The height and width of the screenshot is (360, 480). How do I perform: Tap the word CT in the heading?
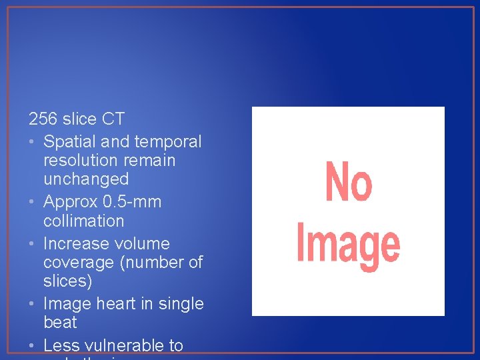point(113,119)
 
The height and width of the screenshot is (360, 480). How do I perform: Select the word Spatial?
point(69,142)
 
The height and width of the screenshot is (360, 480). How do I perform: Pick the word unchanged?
point(86,179)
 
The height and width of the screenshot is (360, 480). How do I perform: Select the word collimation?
point(83,220)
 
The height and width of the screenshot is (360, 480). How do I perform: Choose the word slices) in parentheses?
point(67,281)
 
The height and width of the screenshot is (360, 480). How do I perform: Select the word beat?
point(60,323)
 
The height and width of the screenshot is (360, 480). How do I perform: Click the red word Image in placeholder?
point(348,245)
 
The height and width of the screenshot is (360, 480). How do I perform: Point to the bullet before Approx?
point(32,202)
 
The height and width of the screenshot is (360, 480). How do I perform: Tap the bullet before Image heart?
point(32,304)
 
